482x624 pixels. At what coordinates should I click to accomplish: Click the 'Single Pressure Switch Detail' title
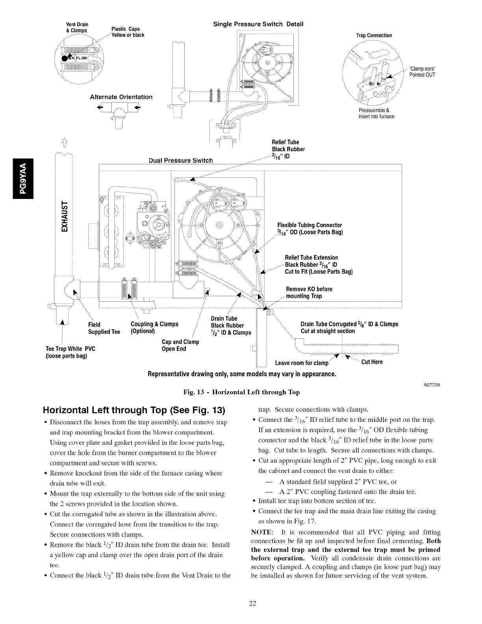click(258, 24)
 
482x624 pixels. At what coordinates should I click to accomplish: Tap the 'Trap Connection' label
click(374, 35)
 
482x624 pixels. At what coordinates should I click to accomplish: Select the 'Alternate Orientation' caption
click(121, 97)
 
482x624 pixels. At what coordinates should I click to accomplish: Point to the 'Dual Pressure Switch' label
click(180, 160)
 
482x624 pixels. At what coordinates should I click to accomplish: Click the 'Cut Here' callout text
click(372, 362)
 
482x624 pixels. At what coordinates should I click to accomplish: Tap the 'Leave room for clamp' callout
click(301, 363)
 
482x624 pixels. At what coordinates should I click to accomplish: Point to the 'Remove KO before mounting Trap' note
click(309, 293)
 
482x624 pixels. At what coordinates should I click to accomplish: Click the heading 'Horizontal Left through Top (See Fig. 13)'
click(134, 410)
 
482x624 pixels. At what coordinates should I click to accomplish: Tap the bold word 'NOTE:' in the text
click(261, 533)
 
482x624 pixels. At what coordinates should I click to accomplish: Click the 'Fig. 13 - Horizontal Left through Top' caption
click(241, 392)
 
